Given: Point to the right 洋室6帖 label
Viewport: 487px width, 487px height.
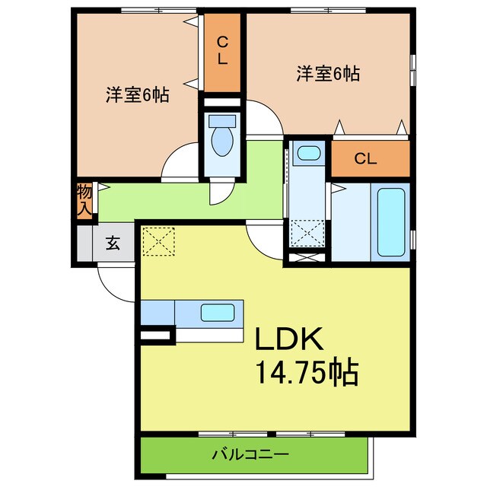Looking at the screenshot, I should click(x=327, y=75).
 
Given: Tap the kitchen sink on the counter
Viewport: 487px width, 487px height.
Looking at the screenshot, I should click(x=218, y=312).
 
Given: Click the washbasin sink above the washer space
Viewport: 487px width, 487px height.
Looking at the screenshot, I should click(x=308, y=153).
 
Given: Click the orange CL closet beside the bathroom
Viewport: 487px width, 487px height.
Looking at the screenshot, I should click(x=366, y=159).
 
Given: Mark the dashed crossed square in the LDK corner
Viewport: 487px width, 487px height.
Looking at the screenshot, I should click(x=158, y=242).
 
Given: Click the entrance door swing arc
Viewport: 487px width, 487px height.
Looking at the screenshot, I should click(x=114, y=283).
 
